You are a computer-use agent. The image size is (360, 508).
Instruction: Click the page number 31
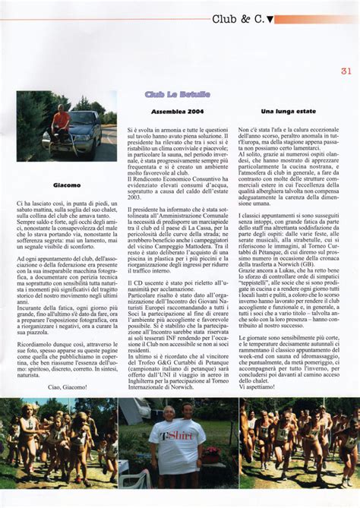346,72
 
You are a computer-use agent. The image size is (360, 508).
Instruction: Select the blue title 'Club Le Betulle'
178,94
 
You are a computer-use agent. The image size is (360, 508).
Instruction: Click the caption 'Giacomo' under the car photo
67,185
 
